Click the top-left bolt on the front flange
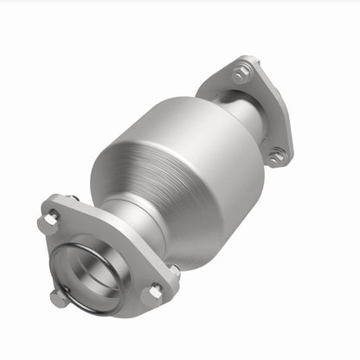[50, 221]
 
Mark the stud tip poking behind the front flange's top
[73, 198]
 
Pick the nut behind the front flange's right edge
[173, 273]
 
